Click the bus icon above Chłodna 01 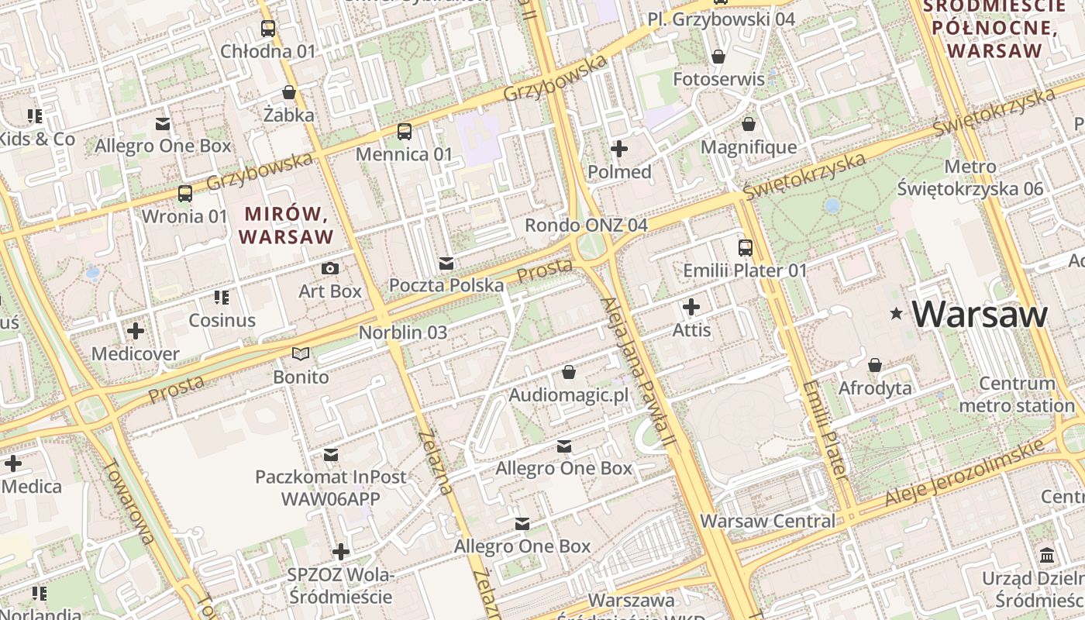click(268, 29)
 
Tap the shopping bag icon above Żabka click(289, 93)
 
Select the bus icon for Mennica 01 click(404, 132)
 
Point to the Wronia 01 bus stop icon click(185, 194)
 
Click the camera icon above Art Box click(330, 269)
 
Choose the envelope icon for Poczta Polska click(446, 263)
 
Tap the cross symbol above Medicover click(136, 332)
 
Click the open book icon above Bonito click(301, 355)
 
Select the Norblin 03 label click(403, 332)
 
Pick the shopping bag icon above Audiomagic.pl click(569, 373)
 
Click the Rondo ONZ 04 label click(586, 226)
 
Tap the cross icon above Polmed click(619, 149)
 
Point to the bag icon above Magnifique click(749, 124)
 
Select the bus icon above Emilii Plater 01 click(745, 248)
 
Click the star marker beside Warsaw click(897, 314)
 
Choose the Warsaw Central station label click(768, 521)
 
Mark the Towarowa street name click(129, 501)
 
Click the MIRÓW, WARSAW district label click(287, 225)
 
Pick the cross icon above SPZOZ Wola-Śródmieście click(340, 553)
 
